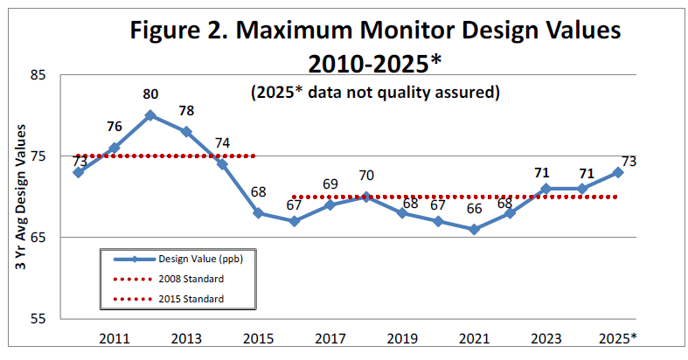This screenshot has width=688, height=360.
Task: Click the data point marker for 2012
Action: [x=150, y=115]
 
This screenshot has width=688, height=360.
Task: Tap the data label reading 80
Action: [x=150, y=94]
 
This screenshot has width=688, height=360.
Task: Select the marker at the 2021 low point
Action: [x=474, y=230]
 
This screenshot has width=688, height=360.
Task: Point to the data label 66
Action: [x=474, y=209]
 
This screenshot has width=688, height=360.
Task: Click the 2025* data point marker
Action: [x=618, y=172]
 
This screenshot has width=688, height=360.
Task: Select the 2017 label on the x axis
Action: [x=330, y=338]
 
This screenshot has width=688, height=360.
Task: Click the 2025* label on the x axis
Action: [x=618, y=338]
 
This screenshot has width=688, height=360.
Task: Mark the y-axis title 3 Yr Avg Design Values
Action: [x=20, y=197]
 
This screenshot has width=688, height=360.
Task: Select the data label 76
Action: [x=114, y=128]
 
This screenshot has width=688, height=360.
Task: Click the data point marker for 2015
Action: [x=258, y=213]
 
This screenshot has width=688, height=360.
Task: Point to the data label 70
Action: [x=366, y=176]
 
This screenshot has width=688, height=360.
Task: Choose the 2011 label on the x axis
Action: [x=114, y=338]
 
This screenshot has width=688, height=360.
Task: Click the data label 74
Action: [x=222, y=143]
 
